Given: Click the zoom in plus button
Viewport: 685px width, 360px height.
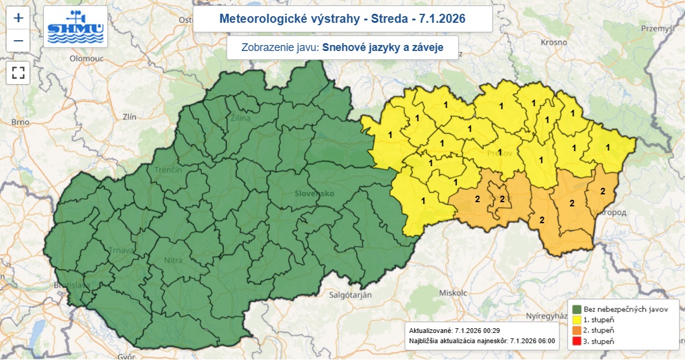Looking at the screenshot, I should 19,17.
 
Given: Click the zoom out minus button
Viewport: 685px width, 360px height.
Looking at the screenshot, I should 19,40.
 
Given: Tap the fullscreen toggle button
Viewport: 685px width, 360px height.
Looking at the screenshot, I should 19,73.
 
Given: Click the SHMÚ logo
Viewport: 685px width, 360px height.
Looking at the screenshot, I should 76,27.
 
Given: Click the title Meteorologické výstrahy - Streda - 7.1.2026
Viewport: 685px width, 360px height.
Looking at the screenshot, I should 342,19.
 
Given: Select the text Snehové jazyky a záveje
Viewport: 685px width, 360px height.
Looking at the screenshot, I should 382,48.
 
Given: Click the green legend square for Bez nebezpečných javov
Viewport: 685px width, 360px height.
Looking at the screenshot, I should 577,308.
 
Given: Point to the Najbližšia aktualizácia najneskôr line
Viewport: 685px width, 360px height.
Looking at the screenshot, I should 481,341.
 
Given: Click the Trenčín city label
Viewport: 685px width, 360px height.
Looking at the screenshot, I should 167,170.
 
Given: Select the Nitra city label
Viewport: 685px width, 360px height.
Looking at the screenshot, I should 174,261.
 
